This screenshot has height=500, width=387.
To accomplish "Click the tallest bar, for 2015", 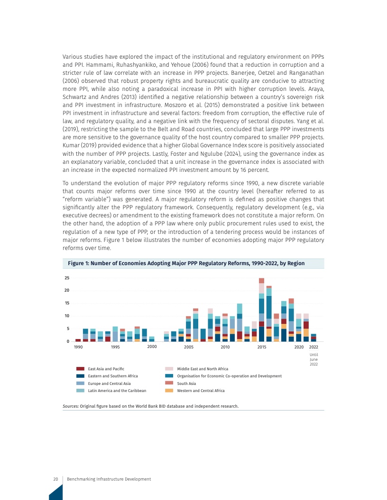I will coord(261,310).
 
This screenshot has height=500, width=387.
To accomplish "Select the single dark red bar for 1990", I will coord(78,340).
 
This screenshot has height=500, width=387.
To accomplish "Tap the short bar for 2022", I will coord(313,338).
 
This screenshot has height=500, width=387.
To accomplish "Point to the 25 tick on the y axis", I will coord(67,278).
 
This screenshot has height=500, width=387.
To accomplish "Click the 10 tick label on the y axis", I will coord(67,316).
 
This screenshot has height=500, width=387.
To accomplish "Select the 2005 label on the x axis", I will coord(188,347).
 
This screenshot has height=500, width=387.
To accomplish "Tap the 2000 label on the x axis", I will coord(152,347).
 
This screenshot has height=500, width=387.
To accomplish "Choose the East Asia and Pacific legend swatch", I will coord(80,369).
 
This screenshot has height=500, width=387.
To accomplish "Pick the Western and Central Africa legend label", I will coord(201,391).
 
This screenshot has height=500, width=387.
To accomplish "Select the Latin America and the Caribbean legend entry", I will coord(117,391).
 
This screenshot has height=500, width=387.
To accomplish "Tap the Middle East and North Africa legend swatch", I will coord(169,369).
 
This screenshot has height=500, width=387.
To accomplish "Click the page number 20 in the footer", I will coord(55,479).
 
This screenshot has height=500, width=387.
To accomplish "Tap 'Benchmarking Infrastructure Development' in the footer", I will coord(109,479).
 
